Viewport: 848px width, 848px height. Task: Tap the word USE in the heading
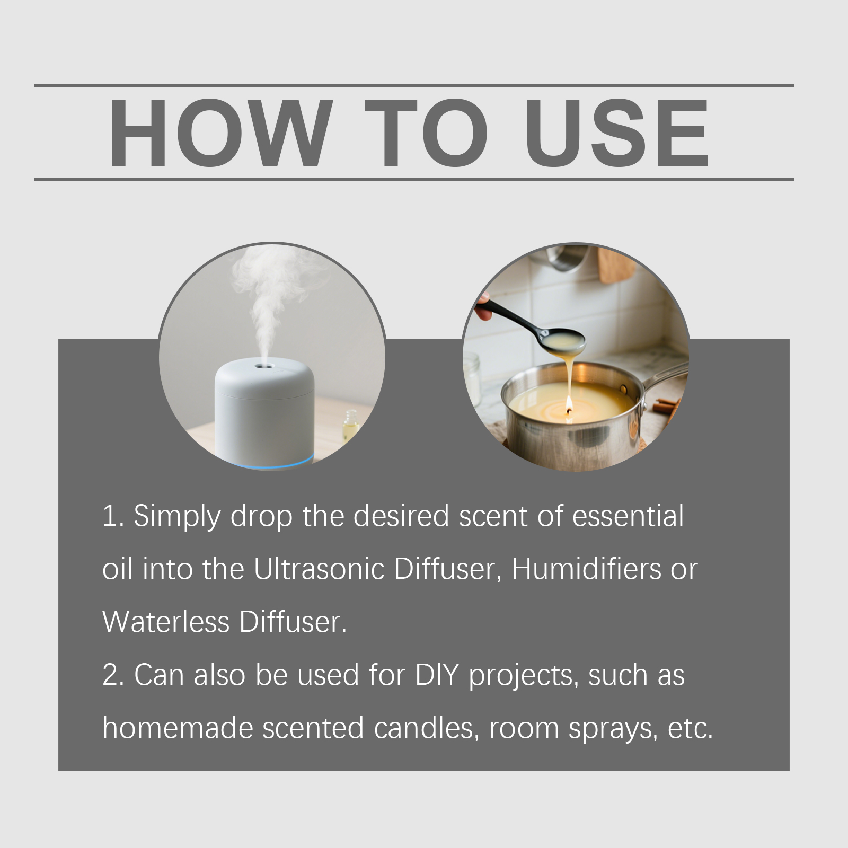(617, 133)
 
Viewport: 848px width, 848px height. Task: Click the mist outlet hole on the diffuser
(261, 366)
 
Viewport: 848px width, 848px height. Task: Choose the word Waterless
(166, 622)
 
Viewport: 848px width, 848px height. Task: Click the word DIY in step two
(437, 675)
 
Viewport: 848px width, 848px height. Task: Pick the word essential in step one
(628, 516)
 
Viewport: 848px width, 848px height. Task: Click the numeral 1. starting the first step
(113, 516)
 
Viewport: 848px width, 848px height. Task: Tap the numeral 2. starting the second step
(113, 675)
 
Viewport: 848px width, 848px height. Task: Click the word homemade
(178, 728)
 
